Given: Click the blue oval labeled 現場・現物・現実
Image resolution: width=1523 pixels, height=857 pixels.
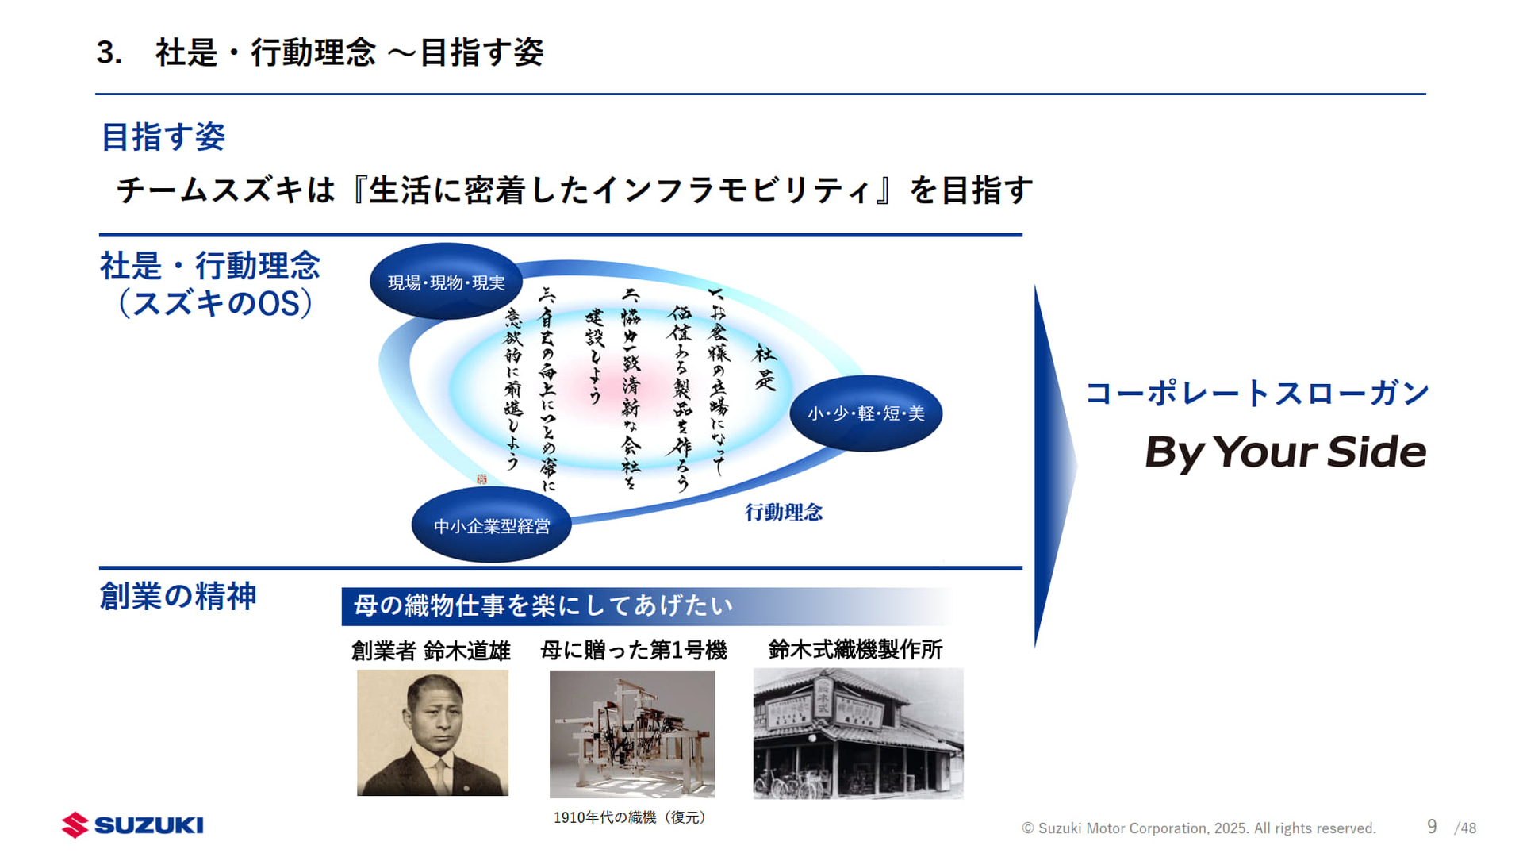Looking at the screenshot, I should pyautogui.click(x=446, y=282).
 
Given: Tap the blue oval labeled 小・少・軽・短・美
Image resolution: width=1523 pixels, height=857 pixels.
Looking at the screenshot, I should pyautogui.click(x=865, y=413).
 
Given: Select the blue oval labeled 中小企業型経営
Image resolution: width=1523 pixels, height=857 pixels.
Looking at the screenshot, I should pyautogui.click(x=491, y=526).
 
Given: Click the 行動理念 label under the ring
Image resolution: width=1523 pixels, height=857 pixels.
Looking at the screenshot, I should pyautogui.click(x=783, y=513).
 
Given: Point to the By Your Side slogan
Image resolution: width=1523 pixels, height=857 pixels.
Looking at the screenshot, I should pyautogui.click(x=1284, y=452).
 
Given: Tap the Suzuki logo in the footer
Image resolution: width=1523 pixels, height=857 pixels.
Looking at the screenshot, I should pyautogui.click(x=132, y=825).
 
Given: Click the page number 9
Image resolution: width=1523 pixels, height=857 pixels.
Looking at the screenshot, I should pyautogui.click(x=1431, y=827).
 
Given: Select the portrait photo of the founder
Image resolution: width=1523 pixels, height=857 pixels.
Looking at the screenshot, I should pyautogui.click(x=432, y=732).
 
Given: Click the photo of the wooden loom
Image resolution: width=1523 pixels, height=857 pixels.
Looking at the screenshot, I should pyautogui.click(x=632, y=734).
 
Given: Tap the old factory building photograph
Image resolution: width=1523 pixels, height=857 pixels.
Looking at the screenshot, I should pyautogui.click(x=857, y=733).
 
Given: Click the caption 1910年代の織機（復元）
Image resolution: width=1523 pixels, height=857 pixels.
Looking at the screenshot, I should pyautogui.click(x=630, y=817).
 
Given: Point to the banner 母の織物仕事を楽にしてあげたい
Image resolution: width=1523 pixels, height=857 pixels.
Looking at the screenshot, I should pyautogui.click(x=543, y=606).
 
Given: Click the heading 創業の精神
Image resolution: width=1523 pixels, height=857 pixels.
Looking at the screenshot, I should pyautogui.click(x=178, y=597).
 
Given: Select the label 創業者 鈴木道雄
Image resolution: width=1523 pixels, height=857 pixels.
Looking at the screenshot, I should pyautogui.click(x=431, y=651).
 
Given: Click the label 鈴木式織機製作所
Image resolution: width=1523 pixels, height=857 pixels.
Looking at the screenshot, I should pyautogui.click(x=855, y=650).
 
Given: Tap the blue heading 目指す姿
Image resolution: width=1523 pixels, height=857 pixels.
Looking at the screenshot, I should pyautogui.click(x=163, y=137).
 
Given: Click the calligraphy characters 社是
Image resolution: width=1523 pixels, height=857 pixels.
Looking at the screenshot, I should pyautogui.click(x=765, y=367).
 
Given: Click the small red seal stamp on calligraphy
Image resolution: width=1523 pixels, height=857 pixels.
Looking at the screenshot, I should pyautogui.click(x=481, y=479).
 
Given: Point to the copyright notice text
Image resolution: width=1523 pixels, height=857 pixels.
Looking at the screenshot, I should pyautogui.click(x=1198, y=828).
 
